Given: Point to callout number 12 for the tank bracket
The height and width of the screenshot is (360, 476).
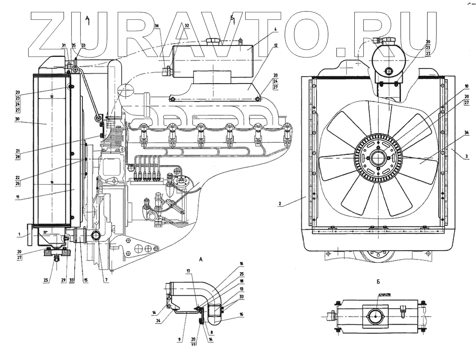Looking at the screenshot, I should pos(275,45).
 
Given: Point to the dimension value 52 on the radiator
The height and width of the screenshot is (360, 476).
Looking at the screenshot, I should pos(51,96).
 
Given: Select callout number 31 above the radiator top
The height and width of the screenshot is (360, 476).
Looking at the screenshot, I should pos(63,45).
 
